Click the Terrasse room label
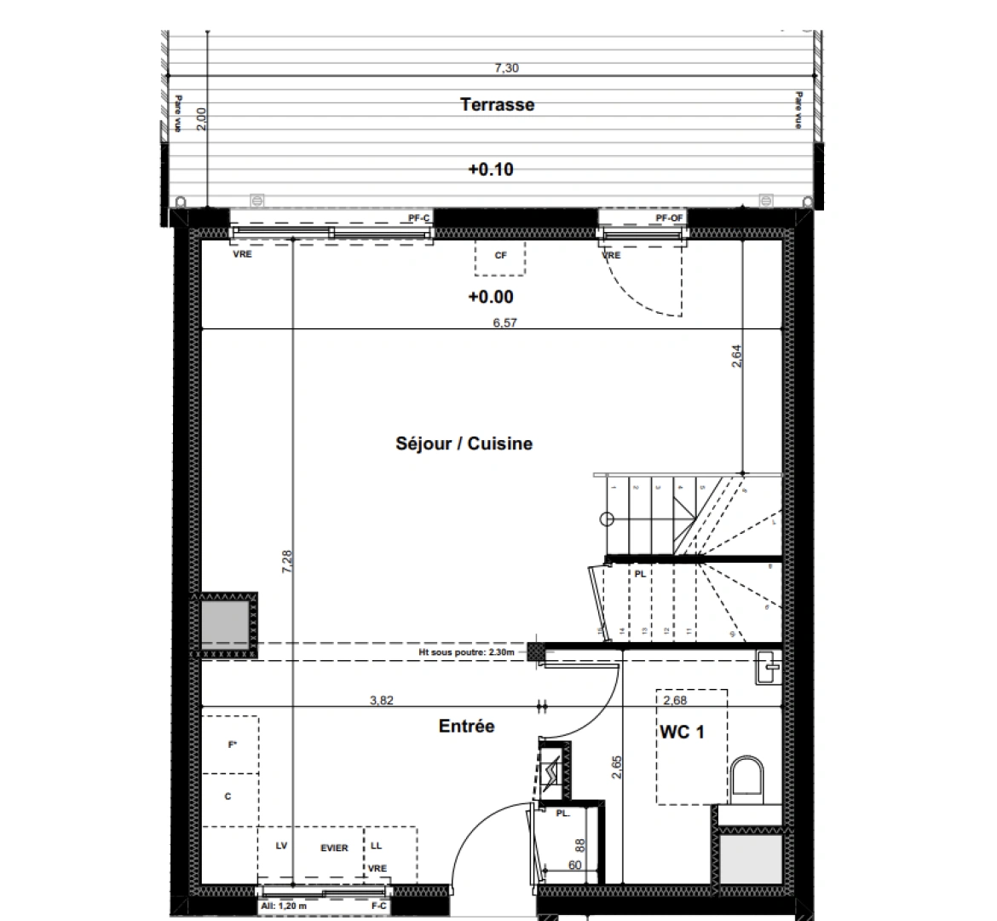(x=497, y=105)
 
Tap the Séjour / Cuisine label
(x=464, y=443)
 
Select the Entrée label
(x=466, y=727)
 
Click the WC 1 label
(x=681, y=732)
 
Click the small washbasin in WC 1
(x=768, y=667)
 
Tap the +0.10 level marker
(x=491, y=170)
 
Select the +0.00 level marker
(x=491, y=298)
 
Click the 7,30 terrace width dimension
(x=507, y=68)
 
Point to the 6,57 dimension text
(x=504, y=322)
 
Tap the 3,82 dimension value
(x=381, y=700)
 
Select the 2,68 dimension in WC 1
(x=674, y=700)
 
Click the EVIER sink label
(x=334, y=848)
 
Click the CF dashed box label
(x=500, y=255)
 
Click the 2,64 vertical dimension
(x=737, y=355)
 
